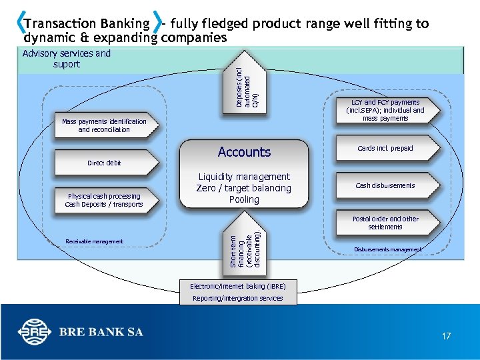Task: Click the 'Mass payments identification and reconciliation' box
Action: [x=104, y=125]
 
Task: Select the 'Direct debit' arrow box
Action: [x=104, y=163]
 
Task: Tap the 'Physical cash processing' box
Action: [x=104, y=200]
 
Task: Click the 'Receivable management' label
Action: [x=95, y=241]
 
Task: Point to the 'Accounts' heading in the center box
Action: [x=244, y=152]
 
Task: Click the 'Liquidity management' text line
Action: [x=244, y=177]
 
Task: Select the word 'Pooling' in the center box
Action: [x=244, y=199]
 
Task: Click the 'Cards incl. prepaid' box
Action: [x=385, y=148]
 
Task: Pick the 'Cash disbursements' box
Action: [x=385, y=185]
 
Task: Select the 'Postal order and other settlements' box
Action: [x=385, y=223]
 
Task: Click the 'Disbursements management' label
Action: [x=388, y=250]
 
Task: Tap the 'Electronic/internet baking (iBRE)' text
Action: [x=237, y=286]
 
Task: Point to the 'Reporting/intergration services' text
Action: [x=237, y=299]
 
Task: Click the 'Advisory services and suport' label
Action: [x=67, y=59]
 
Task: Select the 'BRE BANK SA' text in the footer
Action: [x=101, y=332]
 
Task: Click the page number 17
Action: [x=446, y=336]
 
